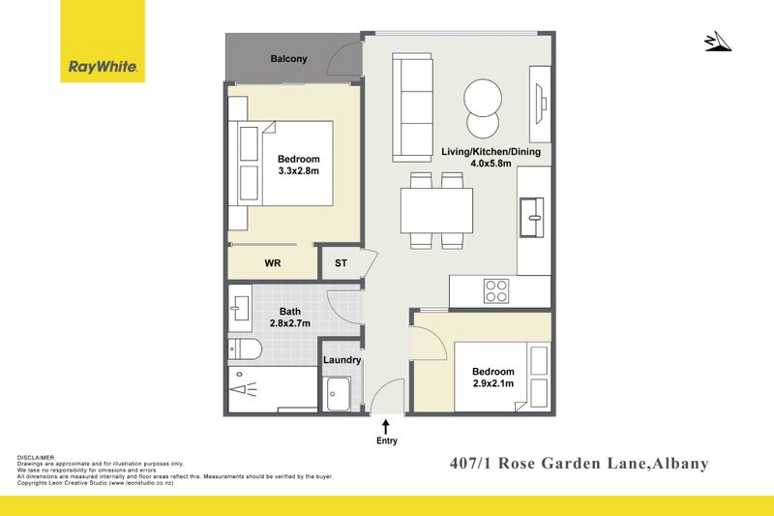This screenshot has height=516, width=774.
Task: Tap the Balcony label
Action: coord(288,59)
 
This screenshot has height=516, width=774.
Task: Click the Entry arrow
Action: coord(385,426)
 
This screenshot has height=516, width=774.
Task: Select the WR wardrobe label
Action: coord(273,262)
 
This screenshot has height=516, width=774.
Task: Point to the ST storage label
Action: coord(341,262)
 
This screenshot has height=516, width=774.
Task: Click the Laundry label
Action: coord(342,360)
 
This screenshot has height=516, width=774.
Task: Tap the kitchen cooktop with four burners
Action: coord(496,288)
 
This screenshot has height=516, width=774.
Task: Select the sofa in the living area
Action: coord(412,106)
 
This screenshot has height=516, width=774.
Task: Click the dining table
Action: coord(436,209)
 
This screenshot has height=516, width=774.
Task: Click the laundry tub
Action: coord(339,392)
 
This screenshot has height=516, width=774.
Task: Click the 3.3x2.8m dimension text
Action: coord(298,171)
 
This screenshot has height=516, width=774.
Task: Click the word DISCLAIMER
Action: coord(37,457)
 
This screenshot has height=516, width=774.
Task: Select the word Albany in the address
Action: coord(678,464)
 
